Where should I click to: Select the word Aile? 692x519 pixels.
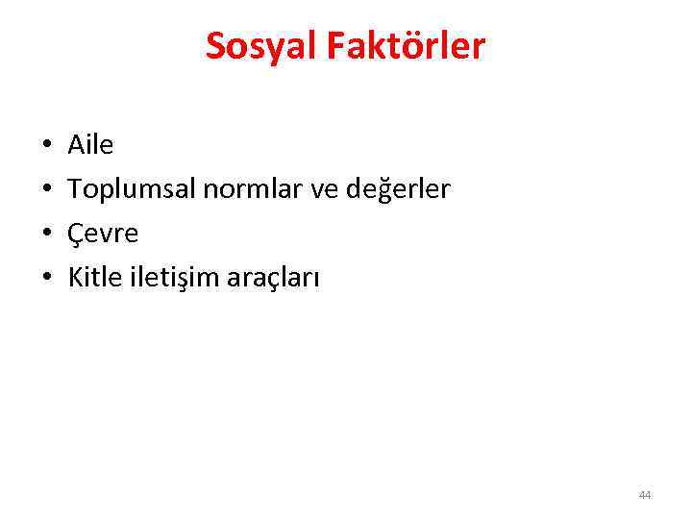tap(90, 145)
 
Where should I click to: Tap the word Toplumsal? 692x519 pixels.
tap(132, 190)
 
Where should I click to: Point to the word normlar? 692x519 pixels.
tap(250, 189)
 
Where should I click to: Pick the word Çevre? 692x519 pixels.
tap(103, 234)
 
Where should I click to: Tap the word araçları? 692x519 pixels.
tap(273, 279)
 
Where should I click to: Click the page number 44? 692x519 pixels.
tap(645, 495)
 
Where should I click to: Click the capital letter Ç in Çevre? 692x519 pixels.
tap(76, 235)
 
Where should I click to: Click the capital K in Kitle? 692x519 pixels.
tap(75, 278)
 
